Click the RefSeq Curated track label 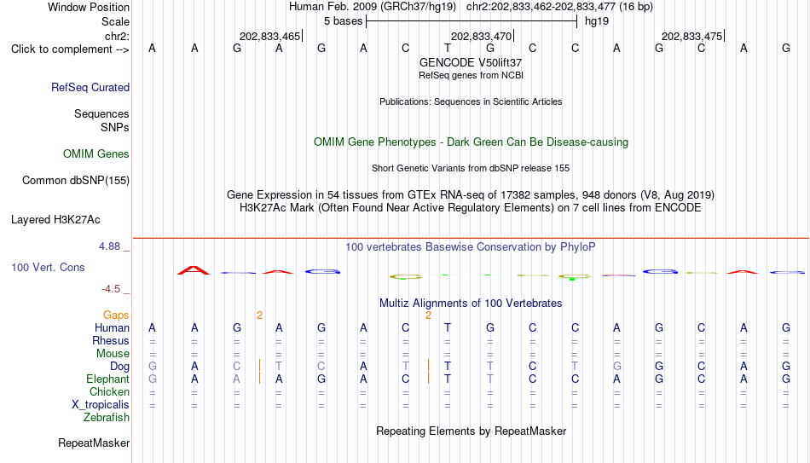click(90, 87)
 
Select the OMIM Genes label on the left click(96, 154)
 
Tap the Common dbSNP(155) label click(76, 181)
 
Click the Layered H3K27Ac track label click(55, 220)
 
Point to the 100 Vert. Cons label click(48, 267)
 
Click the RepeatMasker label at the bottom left click(94, 443)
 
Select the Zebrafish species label click(107, 417)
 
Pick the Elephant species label click(108, 379)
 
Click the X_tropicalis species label click(101, 405)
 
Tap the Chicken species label click(109, 391)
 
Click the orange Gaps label click(116, 315)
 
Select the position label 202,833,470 click(481, 36)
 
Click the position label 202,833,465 click(269, 36)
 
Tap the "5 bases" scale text click(344, 21)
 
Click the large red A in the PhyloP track click(194, 270)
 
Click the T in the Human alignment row click(448, 327)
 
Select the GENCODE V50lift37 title click(471, 62)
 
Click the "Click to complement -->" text click(70, 49)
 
